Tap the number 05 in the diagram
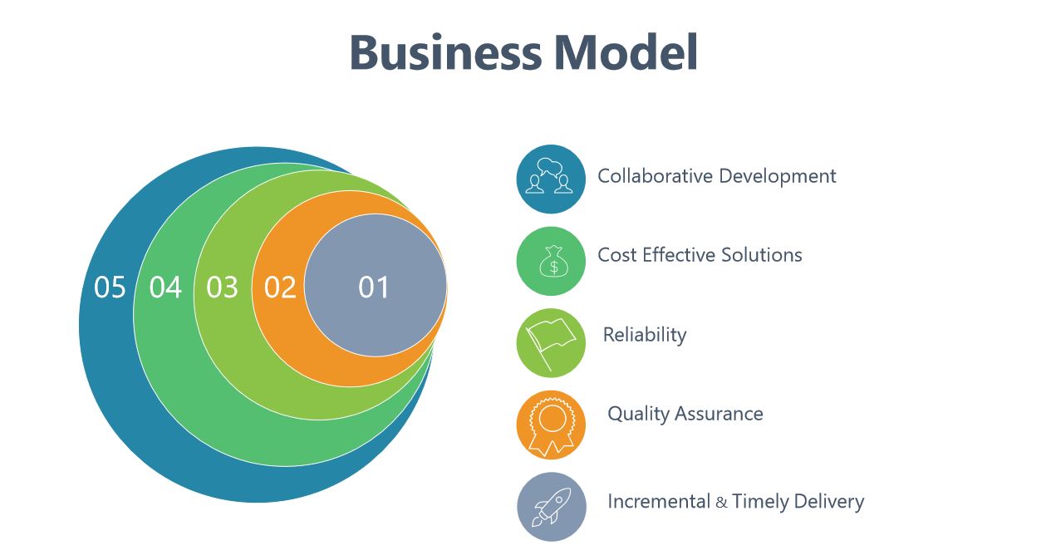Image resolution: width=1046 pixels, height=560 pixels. pyautogui.click(x=110, y=287)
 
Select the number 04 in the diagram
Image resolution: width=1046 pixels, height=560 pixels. pyautogui.click(x=165, y=287)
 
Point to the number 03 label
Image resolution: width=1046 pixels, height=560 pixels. pyautogui.click(x=223, y=287)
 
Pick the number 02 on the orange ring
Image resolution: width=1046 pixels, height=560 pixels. pyautogui.click(x=280, y=287)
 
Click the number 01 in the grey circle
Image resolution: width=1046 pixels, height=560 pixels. pyautogui.click(x=373, y=287)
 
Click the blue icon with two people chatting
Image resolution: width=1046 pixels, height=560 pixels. pyautogui.click(x=551, y=179)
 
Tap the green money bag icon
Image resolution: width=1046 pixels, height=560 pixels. pyautogui.click(x=551, y=261)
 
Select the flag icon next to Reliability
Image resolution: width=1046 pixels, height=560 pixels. pyautogui.click(x=551, y=343)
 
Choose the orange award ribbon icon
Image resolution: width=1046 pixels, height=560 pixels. pyautogui.click(x=551, y=425)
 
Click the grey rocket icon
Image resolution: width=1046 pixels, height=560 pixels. pyautogui.click(x=552, y=507)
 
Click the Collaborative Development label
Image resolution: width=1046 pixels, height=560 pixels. pyautogui.click(x=717, y=176)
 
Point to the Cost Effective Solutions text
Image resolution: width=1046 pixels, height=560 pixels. pyautogui.click(x=700, y=255)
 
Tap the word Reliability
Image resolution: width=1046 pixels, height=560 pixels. pyautogui.click(x=645, y=336)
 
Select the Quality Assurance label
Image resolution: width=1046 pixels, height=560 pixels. pyautogui.click(x=685, y=415)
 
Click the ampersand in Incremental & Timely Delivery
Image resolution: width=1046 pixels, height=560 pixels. pyautogui.click(x=721, y=503)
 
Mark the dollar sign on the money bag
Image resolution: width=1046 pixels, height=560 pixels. pyautogui.click(x=554, y=268)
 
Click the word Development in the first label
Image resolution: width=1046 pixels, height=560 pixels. pyautogui.click(x=778, y=176)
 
